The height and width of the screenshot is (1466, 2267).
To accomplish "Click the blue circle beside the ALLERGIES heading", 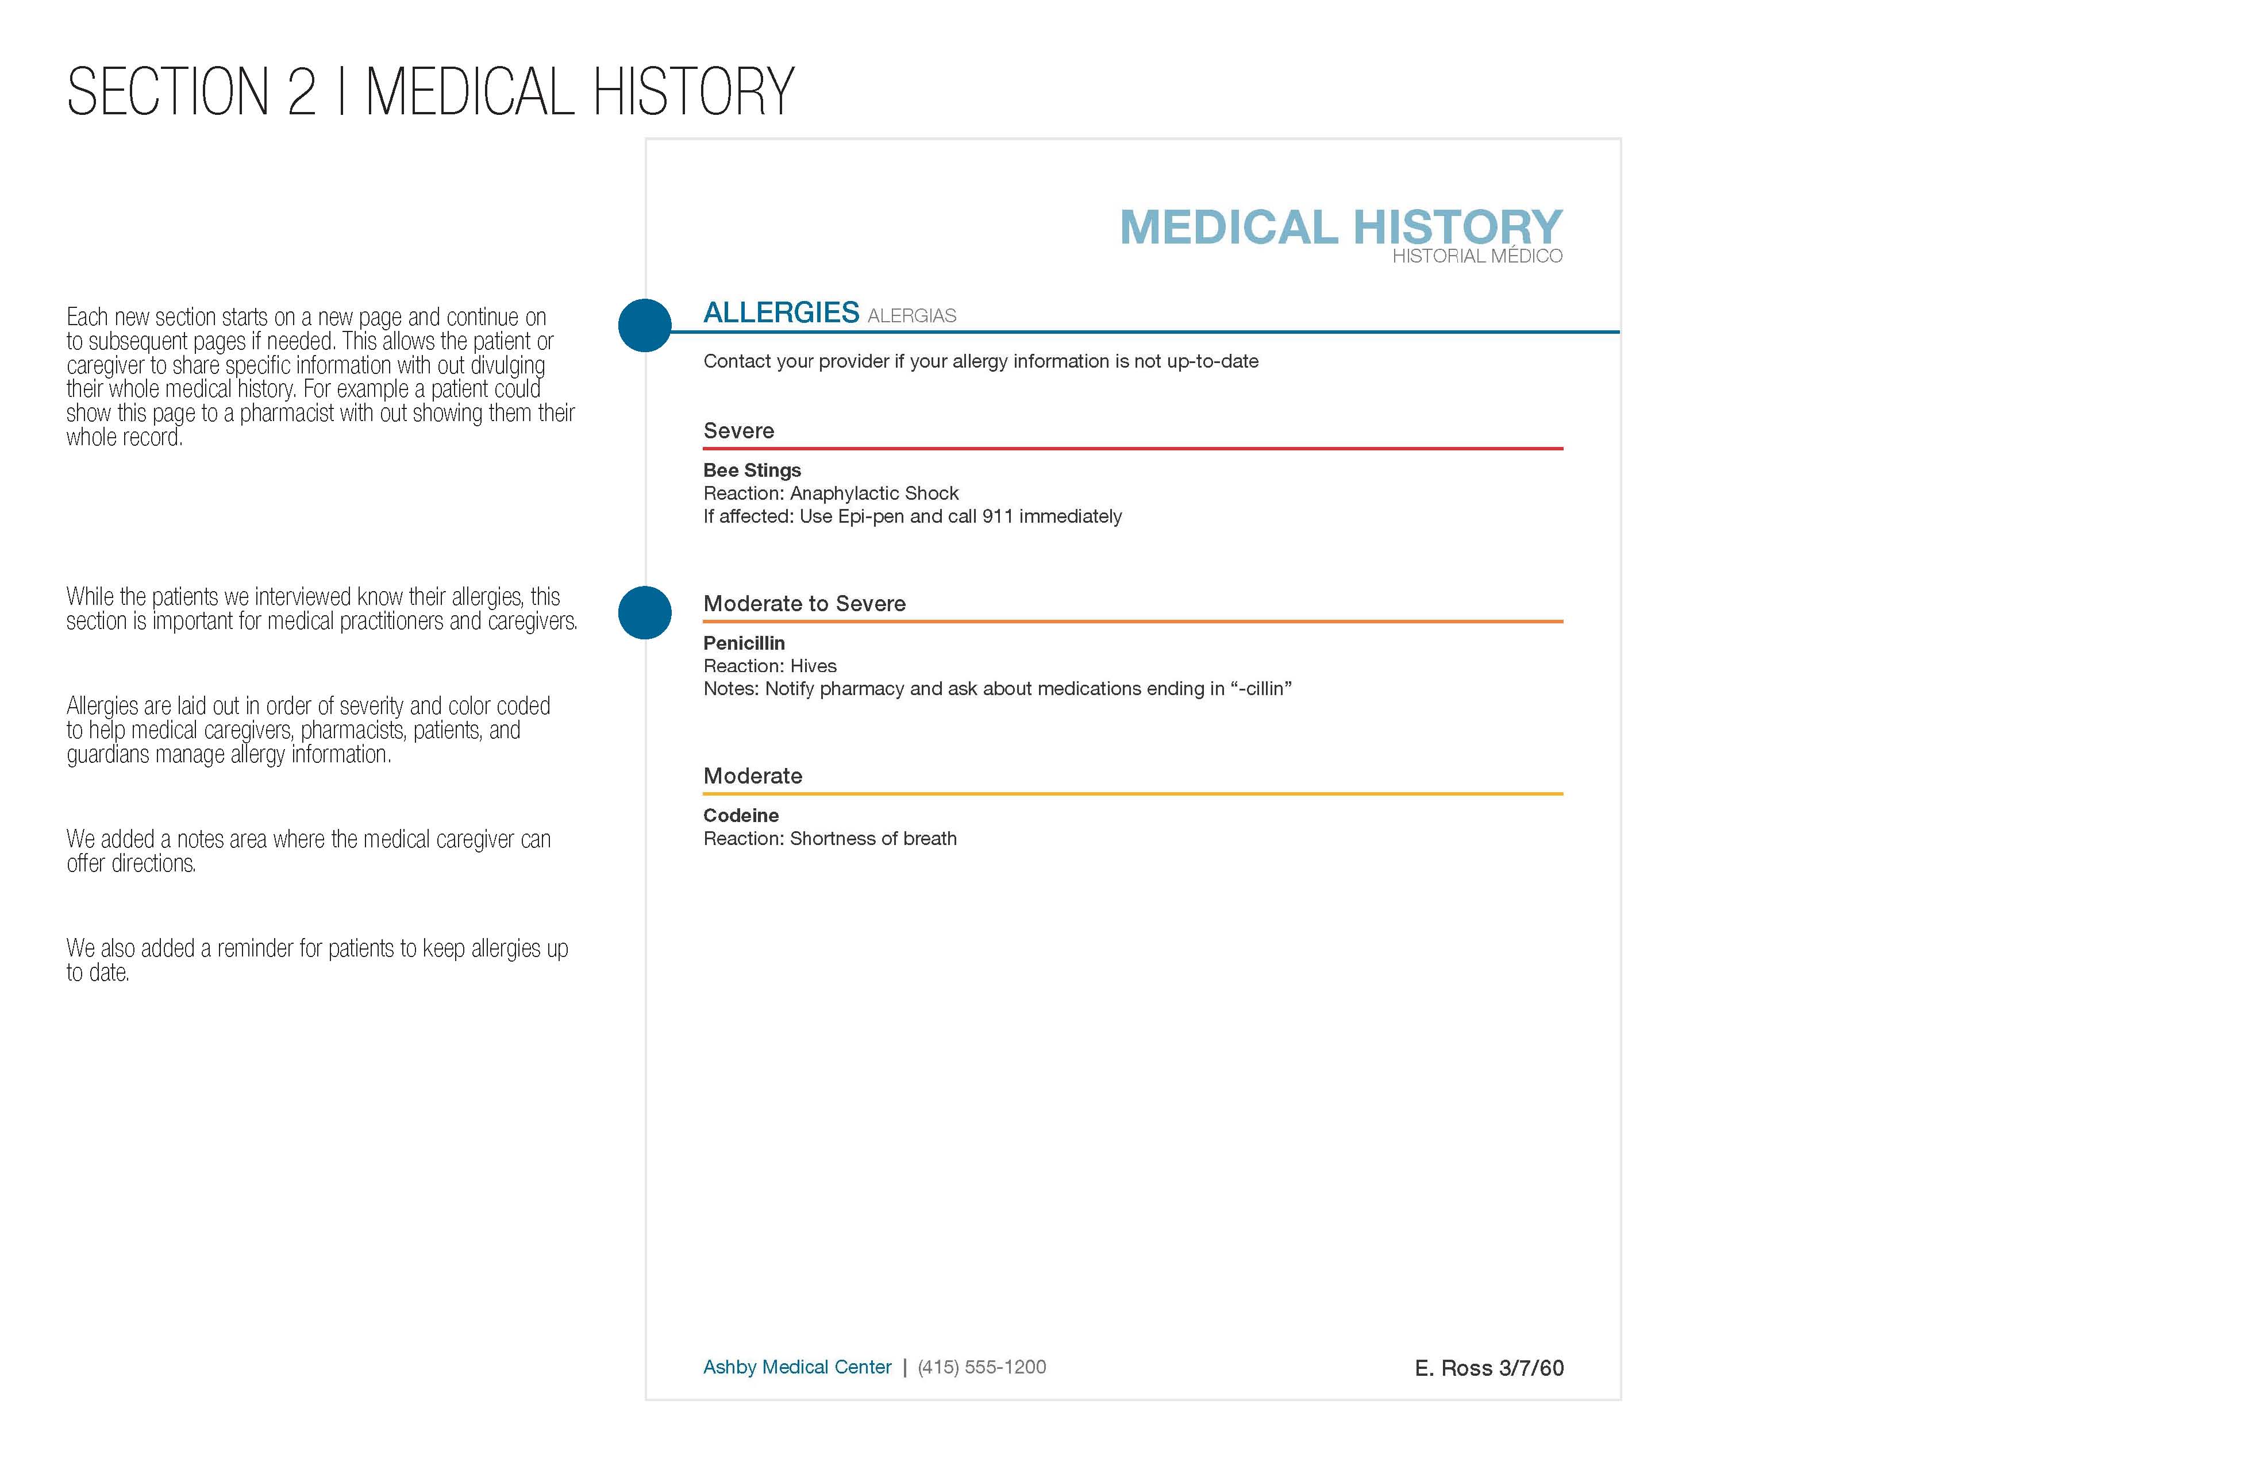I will tap(645, 326).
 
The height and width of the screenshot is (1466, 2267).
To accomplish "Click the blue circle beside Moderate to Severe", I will tap(645, 612).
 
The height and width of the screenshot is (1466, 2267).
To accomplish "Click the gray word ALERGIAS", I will tap(911, 316).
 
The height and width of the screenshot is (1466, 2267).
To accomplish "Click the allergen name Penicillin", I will tap(744, 643).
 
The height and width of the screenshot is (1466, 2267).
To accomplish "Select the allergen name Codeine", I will tap(741, 815).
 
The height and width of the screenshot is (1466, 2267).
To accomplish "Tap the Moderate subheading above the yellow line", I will tap(752, 776).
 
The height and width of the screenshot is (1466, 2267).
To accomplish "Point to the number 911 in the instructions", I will tap(997, 516).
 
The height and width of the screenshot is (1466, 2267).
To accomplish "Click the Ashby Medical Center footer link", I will tap(797, 1367).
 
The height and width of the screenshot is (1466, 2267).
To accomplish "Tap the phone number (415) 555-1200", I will tap(981, 1367).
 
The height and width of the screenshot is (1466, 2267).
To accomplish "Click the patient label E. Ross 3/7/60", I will tap(1488, 1368).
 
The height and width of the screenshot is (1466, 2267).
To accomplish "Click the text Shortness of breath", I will tap(872, 839).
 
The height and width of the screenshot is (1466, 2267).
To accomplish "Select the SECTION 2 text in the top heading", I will tap(190, 92).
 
